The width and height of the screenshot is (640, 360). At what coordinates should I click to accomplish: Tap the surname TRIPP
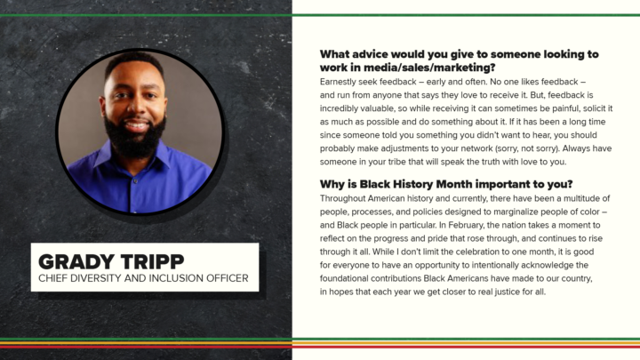coord(152,261)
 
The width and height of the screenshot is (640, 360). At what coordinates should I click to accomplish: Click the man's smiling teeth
coord(136,126)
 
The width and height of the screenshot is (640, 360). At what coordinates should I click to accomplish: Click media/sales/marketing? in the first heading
coord(429,68)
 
